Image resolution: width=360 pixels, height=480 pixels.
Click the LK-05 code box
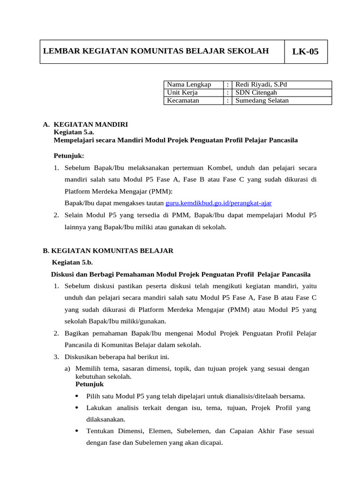305,52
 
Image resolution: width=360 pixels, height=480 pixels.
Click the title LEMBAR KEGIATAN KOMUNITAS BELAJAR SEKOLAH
156,51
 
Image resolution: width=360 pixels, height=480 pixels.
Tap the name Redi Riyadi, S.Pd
261,85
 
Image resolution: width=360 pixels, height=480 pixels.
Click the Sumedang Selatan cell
262,101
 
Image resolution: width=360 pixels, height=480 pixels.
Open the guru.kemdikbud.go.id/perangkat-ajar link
218,203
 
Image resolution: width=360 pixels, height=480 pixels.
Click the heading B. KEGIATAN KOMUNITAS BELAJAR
108,251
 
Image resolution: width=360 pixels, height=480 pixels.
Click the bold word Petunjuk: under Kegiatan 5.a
69,156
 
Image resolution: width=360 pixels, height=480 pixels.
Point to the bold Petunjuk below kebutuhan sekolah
90,384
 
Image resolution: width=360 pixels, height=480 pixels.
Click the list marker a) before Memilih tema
67,369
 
